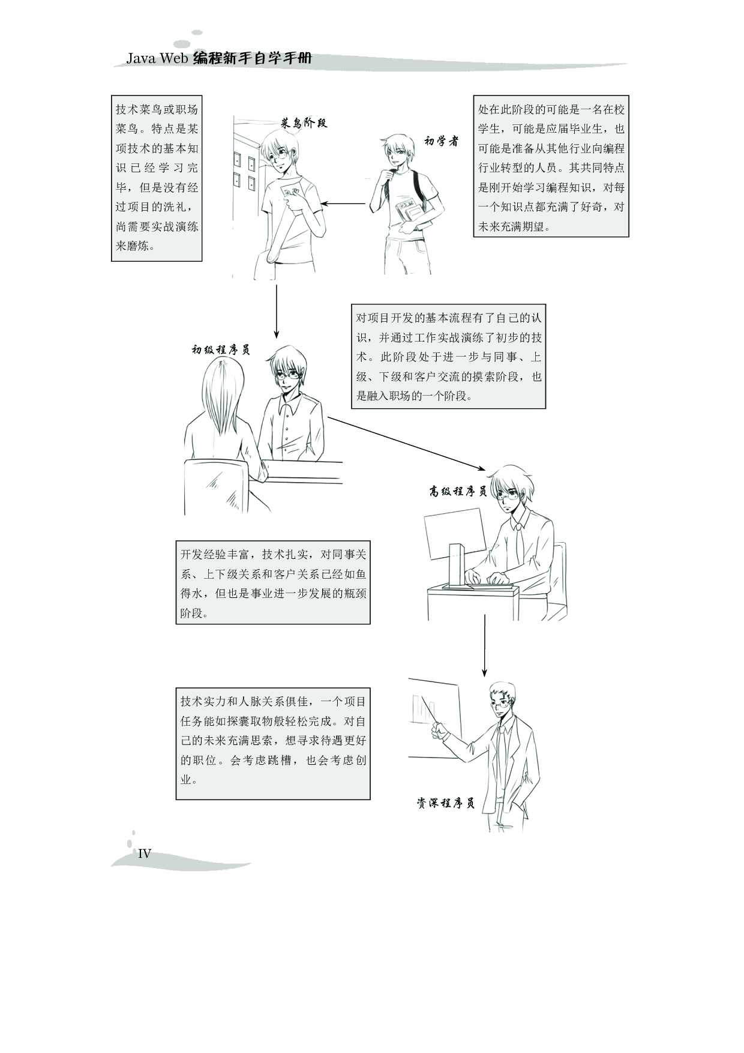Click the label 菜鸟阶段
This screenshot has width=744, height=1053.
[304, 123]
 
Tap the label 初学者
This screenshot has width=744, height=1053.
[441, 141]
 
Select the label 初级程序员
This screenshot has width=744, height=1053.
[221, 349]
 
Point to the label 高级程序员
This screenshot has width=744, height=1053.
[458, 492]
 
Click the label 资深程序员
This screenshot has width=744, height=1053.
[446, 803]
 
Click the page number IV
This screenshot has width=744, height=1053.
[145, 854]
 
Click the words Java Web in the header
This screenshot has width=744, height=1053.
[158, 59]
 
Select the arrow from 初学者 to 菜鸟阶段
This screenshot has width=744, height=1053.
[343, 204]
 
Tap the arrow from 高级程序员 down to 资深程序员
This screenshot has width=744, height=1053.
[484, 645]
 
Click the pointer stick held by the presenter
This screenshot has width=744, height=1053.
[428, 711]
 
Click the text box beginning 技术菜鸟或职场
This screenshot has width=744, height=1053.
[157, 178]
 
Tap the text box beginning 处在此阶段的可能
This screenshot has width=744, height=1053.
[551, 166]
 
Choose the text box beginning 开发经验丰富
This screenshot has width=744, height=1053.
[273, 583]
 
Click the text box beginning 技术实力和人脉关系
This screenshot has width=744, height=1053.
[273, 743]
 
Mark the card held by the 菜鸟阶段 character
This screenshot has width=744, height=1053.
[290, 193]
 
